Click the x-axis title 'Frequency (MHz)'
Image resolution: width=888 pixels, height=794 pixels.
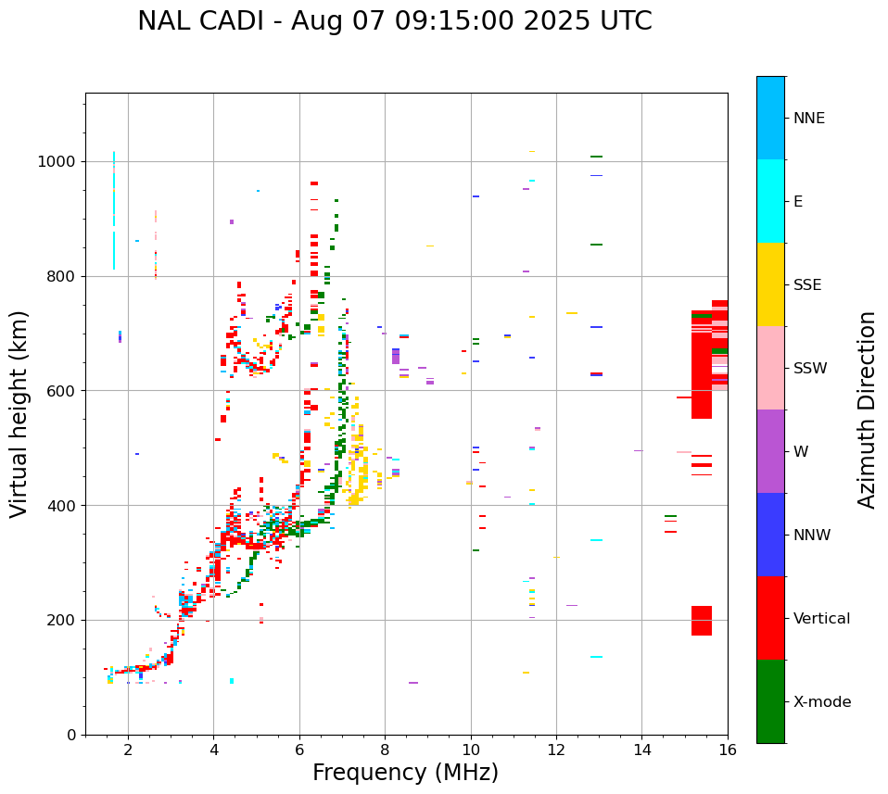click(405, 773)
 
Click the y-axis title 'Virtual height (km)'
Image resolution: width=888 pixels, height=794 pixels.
click(19, 414)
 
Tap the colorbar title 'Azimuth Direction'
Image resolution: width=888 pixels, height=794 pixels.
click(867, 410)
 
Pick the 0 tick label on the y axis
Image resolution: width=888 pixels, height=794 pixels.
click(70, 735)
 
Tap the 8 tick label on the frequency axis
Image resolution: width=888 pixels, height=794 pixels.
click(385, 750)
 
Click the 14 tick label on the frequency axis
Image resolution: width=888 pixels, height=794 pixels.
click(641, 750)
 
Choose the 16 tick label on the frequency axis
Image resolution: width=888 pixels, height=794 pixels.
click(728, 750)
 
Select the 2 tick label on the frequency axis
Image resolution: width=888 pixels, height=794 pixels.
click(128, 750)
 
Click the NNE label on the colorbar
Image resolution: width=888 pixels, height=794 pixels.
click(808, 119)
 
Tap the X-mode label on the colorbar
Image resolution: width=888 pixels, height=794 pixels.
click(821, 702)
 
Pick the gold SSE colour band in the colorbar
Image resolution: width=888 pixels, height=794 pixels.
click(770, 284)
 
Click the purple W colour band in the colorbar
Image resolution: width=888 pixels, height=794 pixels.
click(770, 451)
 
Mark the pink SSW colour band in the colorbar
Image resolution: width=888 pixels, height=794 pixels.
click(770, 368)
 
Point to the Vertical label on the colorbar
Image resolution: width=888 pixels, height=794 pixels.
click(821, 619)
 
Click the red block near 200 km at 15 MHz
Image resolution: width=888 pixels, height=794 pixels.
click(701, 621)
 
